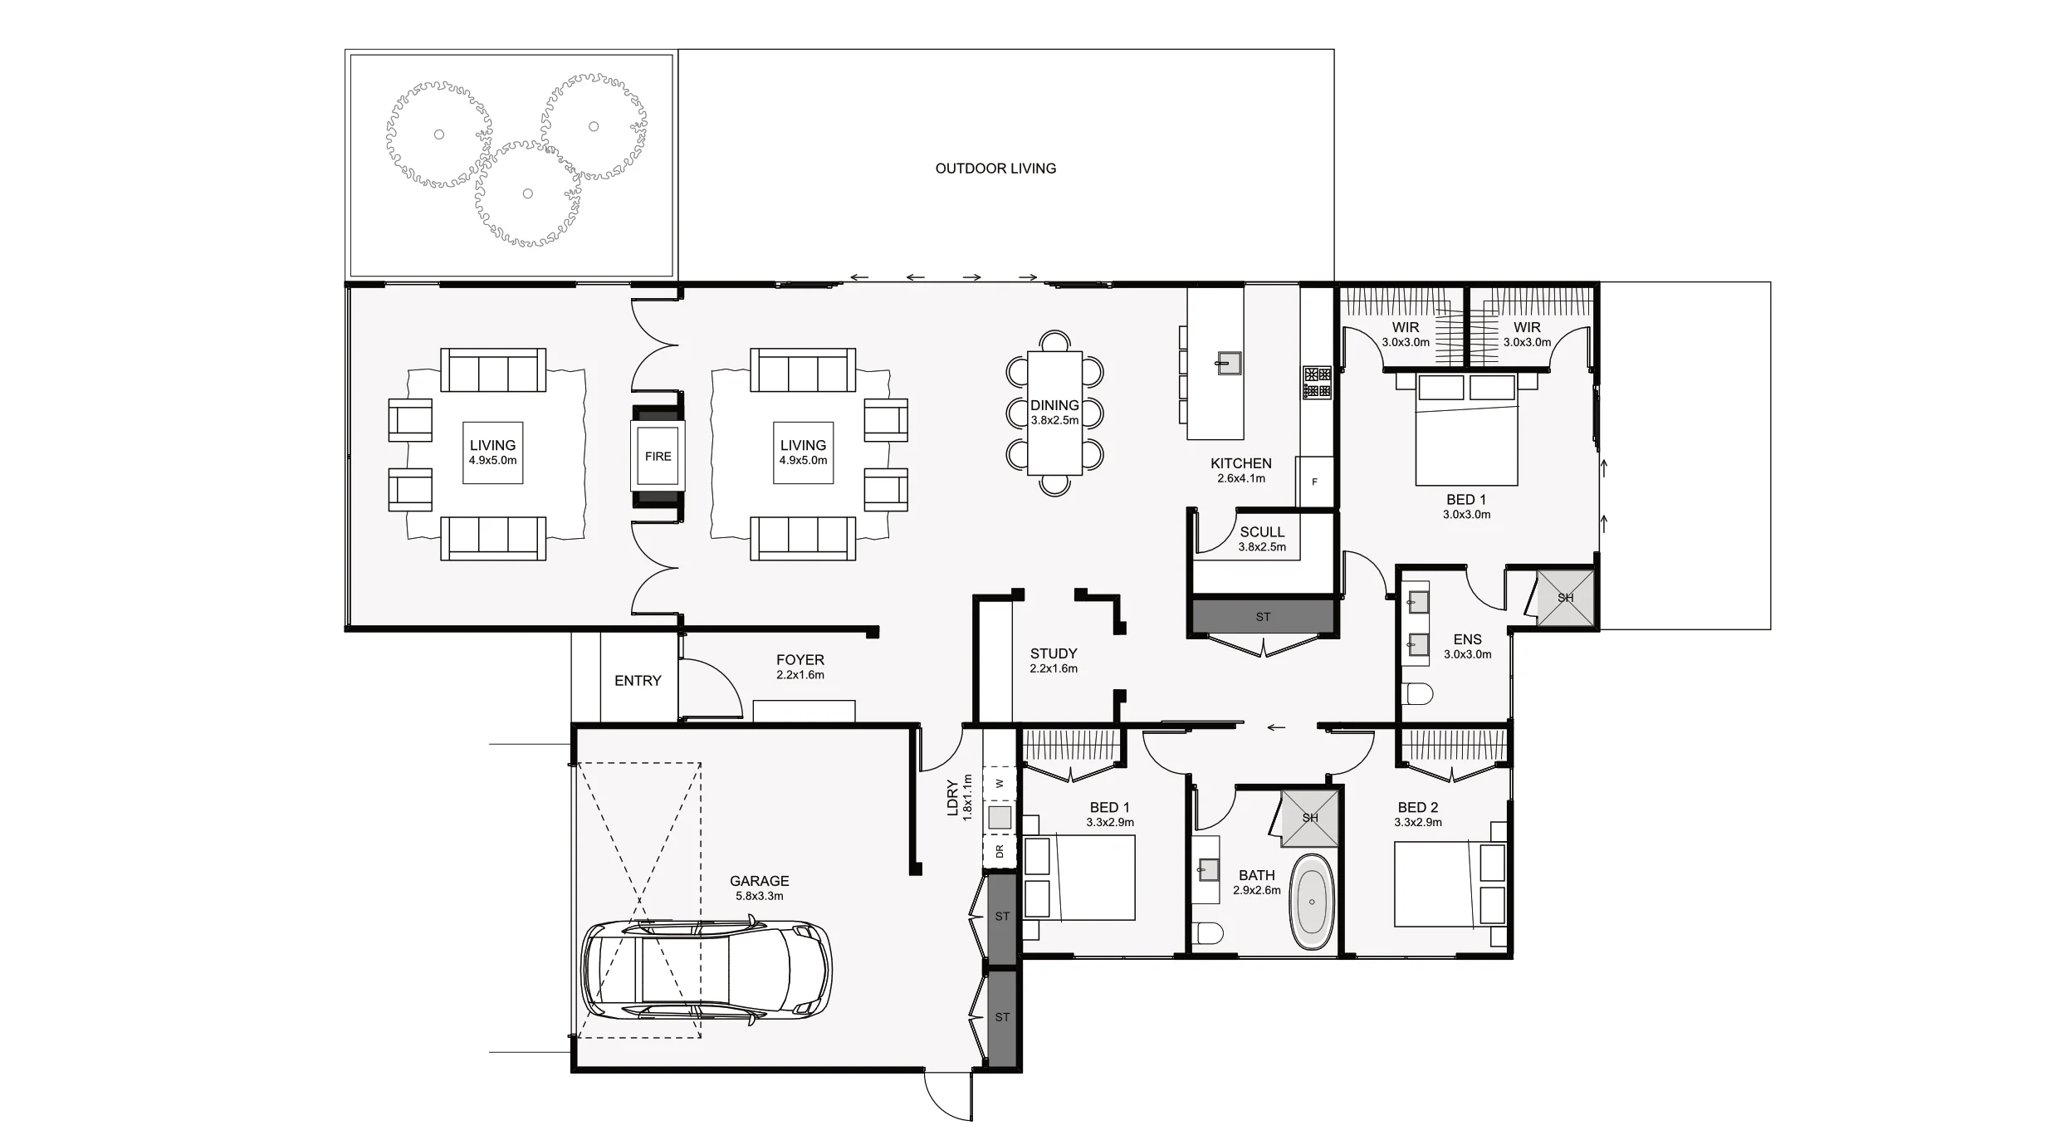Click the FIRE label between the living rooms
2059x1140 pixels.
point(658,456)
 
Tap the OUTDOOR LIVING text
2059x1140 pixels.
point(995,169)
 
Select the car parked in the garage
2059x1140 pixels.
point(706,969)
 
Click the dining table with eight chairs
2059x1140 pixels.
point(1054,413)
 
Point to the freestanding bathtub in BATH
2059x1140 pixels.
point(1312,902)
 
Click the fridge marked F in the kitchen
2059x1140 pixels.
point(1314,482)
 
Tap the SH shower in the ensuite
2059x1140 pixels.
point(1565,598)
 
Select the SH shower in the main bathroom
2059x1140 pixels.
point(1310,818)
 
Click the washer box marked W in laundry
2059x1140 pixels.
point(1000,783)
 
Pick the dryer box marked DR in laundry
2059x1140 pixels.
point(1000,851)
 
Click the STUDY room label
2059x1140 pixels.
point(1054,653)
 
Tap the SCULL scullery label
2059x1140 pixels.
point(1262,532)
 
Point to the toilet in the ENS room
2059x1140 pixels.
point(1418,694)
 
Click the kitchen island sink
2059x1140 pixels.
point(1229,363)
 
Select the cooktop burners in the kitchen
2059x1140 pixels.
point(1317,382)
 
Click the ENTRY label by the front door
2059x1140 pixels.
point(638,681)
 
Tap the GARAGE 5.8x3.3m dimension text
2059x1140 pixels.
point(759,897)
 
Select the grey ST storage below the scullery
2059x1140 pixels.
point(1263,617)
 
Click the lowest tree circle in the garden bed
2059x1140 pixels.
point(527,194)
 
